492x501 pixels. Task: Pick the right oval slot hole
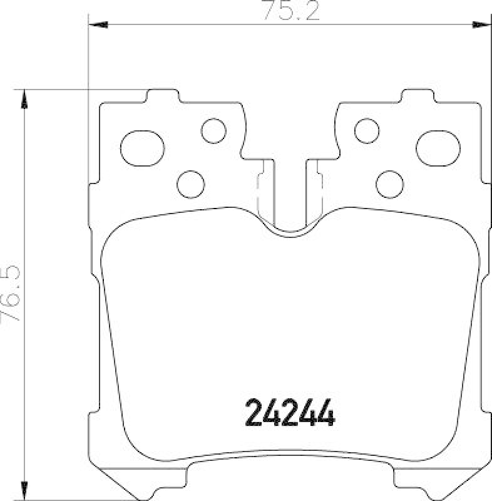[438, 144]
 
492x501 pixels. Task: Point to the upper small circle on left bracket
[213, 130]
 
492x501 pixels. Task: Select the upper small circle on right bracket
[367, 130]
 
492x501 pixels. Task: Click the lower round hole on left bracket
[191, 182]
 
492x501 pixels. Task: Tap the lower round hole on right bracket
[389, 182]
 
